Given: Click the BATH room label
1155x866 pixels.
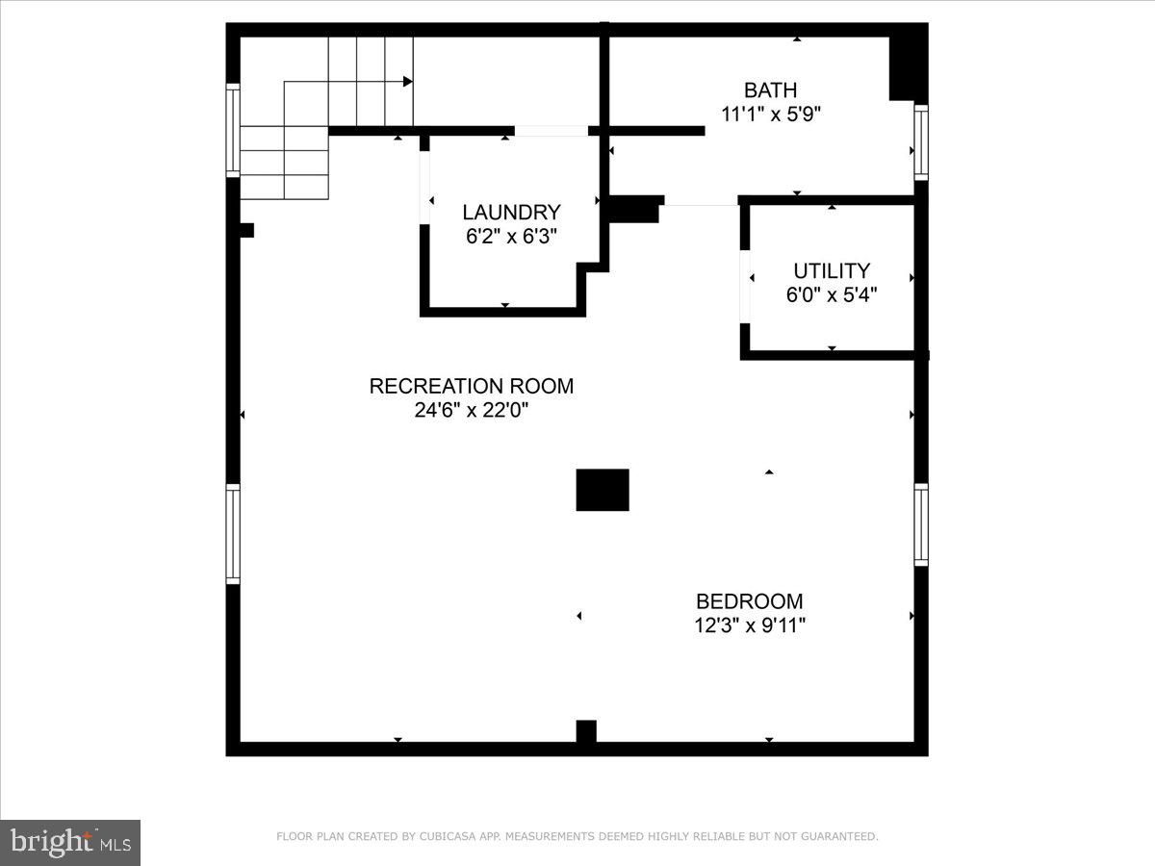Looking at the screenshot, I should click(x=770, y=90).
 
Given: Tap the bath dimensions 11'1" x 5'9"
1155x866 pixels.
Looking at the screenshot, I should click(x=770, y=114).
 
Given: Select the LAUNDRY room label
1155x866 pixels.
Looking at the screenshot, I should click(x=511, y=213).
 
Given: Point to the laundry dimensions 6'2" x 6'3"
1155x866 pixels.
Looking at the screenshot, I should click(x=511, y=236).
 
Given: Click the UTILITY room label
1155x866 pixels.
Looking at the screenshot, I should click(x=832, y=271).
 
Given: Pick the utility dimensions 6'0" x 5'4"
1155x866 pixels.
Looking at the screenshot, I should click(x=832, y=294).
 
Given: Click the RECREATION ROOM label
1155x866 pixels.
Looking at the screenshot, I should click(x=472, y=387).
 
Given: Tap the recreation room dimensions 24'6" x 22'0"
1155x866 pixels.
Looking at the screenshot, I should click(x=472, y=410).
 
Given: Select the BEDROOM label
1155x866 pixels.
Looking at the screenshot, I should click(x=749, y=601).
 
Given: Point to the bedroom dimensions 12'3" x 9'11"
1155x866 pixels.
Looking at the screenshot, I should click(x=749, y=624).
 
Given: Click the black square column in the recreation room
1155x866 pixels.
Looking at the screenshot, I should click(x=603, y=490).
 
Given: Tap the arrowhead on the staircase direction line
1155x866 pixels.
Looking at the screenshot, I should click(x=408, y=82).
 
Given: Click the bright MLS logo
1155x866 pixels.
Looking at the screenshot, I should click(x=70, y=842).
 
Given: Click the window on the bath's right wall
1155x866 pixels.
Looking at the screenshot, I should click(x=921, y=143).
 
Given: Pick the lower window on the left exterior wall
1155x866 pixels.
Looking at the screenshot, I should click(x=233, y=534).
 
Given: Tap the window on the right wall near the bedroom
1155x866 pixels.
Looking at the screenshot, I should click(x=921, y=525).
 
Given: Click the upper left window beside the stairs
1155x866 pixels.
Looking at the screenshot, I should click(x=233, y=131).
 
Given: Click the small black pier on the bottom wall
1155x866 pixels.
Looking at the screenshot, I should click(x=586, y=731).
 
